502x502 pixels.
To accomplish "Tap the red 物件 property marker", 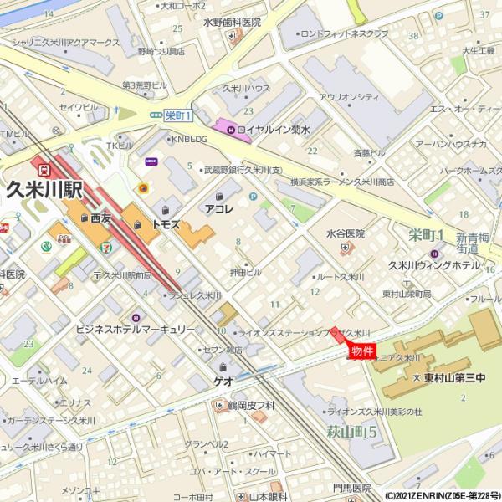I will (361, 351).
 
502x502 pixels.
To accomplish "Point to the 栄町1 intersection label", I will (178, 115).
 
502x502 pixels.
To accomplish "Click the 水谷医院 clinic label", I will (345, 234).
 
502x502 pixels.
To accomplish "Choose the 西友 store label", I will (101, 218).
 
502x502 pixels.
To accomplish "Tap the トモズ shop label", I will (165, 225).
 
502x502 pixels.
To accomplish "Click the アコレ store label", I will (218, 207).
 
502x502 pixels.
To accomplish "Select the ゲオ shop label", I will (223, 380).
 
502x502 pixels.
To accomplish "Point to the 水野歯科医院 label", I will (232, 23).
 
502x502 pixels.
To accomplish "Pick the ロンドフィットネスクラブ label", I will (344, 33).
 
